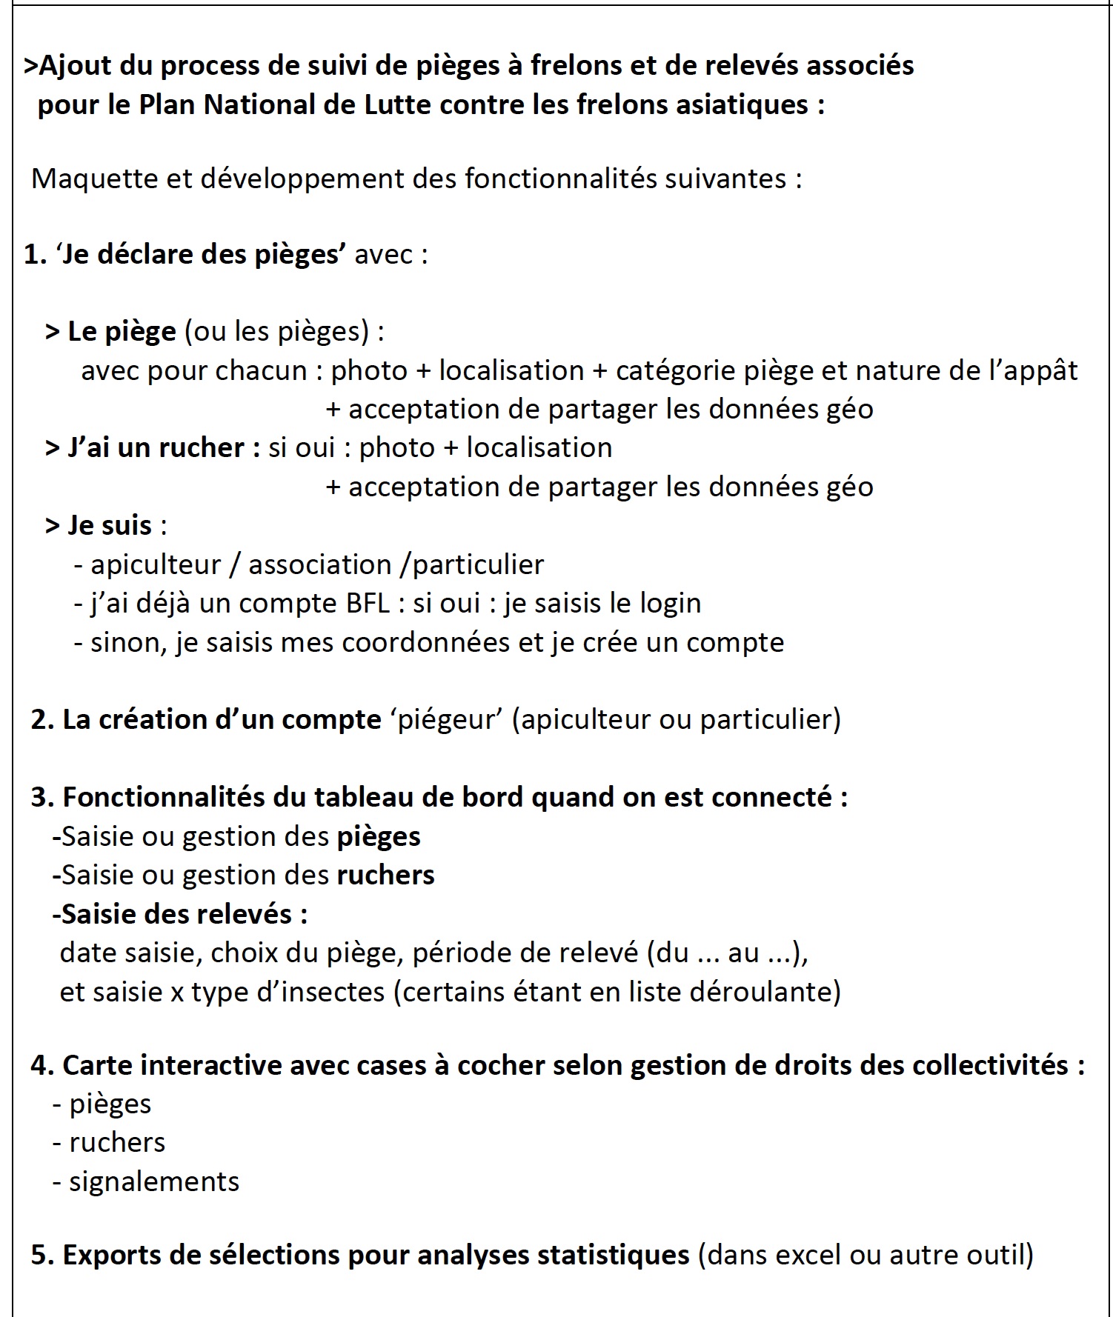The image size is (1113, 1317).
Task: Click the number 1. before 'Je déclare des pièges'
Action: (x=35, y=255)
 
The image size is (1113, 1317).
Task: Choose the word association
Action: (x=319, y=565)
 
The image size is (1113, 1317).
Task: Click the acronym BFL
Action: (x=368, y=604)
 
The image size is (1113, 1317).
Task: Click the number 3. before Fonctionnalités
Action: (x=42, y=798)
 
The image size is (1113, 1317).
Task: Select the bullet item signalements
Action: (x=154, y=1182)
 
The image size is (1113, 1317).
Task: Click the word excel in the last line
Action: (x=807, y=1256)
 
